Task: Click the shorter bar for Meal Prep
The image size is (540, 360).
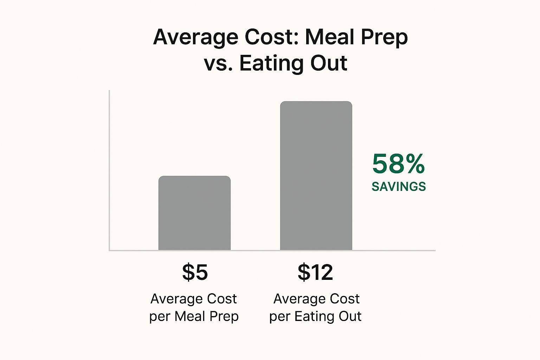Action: [x=194, y=213]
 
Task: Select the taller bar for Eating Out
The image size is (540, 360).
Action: [x=316, y=176]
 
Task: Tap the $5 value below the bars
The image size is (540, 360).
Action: [x=195, y=272]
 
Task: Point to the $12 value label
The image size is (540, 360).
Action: [x=315, y=272]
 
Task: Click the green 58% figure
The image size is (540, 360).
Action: [x=398, y=164]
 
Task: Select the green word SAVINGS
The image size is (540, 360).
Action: [x=399, y=186]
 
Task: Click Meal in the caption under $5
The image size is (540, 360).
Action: [x=189, y=316]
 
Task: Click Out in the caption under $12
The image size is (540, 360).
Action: [x=350, y=316]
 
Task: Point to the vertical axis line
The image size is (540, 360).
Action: [x=109, y=169]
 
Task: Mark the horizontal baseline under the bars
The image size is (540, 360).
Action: [x=272, y=251]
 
